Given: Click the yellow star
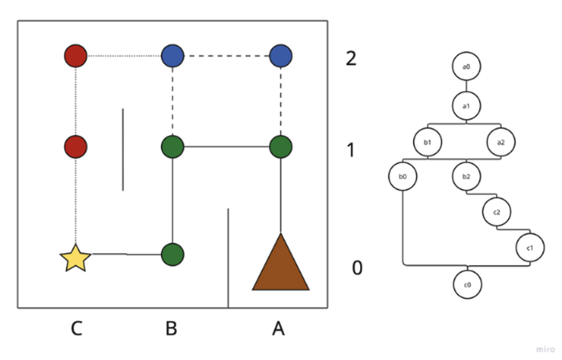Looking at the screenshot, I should [x=76, y=259].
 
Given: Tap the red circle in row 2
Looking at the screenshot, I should [x=76, y=56].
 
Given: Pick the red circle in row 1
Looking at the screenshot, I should [x=76, y=146].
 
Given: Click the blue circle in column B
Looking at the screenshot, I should [x=172, y=56].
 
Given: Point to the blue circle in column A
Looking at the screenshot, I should [x=281, y=56].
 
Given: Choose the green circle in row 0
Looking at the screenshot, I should [x=172, y=254].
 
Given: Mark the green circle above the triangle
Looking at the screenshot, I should [x=281, y=146].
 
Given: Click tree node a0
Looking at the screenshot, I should [x=466, y=67].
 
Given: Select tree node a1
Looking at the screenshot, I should [x=466, y=105].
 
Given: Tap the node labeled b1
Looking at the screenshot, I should [x=428, y=142].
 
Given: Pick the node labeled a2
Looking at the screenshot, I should [x=501, y=142].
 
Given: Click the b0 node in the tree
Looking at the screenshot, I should [x=403, y=176].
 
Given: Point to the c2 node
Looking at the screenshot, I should [x=496, y=211].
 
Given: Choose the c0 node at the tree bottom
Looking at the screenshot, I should [x=468, y=285].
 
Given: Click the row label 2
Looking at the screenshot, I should [x=351, y=59].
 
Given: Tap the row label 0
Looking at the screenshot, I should [x=357, y=269].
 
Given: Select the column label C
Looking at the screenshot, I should [x=76, y=329].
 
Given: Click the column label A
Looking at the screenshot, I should [x=278, y=329].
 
